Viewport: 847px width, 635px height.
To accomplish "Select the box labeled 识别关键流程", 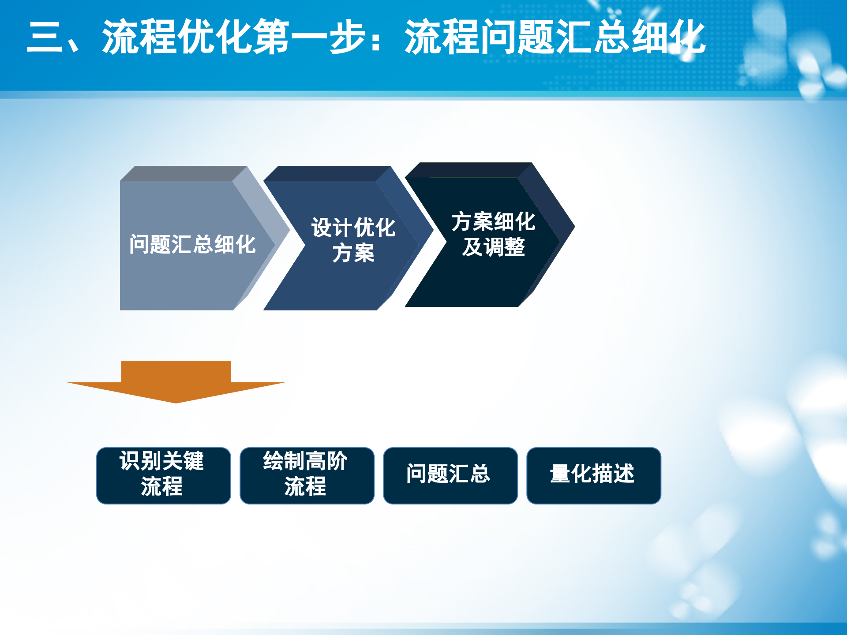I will point(164,475).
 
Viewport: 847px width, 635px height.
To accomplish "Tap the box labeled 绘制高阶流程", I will point(307,475).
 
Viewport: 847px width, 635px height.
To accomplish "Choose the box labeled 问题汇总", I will point(450,475).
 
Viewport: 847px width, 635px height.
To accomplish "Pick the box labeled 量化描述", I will point(594,475).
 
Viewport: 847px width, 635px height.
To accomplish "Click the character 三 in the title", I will point(45,37).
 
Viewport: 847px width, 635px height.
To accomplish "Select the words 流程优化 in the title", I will point(177,37).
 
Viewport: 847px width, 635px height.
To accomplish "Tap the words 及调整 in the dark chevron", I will point(494,247).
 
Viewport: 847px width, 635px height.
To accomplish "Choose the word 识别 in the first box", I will point(140,461).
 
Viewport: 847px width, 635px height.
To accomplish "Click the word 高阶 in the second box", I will point(326,461).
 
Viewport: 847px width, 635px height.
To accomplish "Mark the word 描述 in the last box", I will point(613,474).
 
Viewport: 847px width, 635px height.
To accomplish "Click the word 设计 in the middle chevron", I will point(332,228).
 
